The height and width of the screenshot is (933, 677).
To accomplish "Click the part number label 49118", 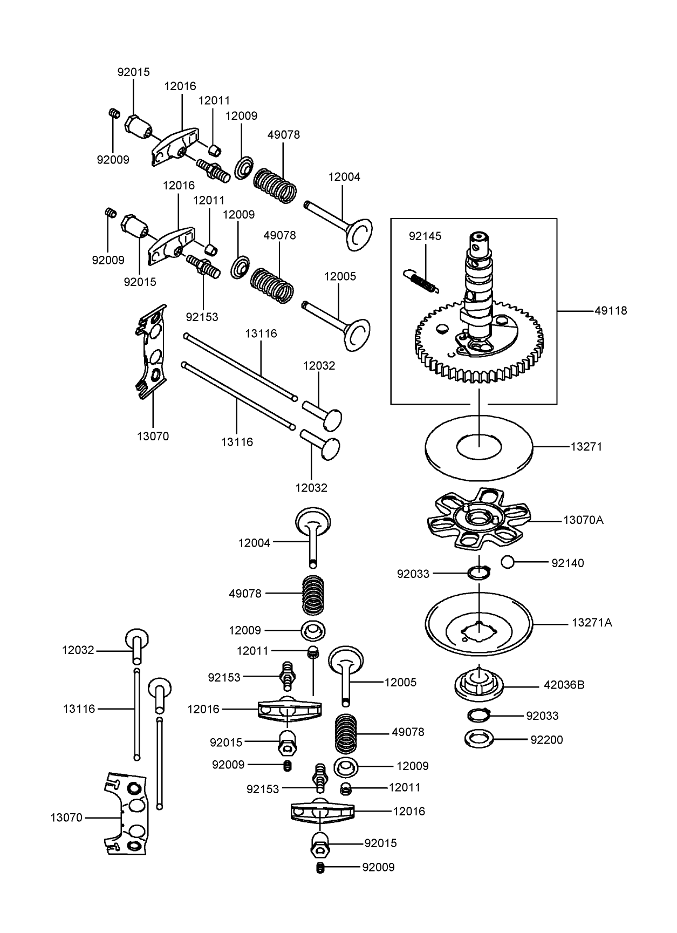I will pyautogui.click(x=611, y=311).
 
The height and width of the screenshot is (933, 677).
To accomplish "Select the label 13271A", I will pyautogui.click(x=592, y=623).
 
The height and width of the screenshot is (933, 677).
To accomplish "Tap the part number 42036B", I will pyautogui.click(x=564, y=685).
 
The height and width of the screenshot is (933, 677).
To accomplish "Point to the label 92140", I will pyautogui.click(x=567, y=563).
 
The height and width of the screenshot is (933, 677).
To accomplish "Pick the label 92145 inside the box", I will pyautogui.click(x=425, y=236).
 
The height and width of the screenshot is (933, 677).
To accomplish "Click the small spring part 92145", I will pyautogui.click(x=422, y=281).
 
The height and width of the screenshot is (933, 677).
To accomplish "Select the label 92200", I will pyautogui.click(x=546, y=740).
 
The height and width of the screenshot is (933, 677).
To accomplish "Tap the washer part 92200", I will pyautogui.click(x=479, y=738).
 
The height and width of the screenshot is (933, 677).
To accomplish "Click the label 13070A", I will pyautogui.click(x=583, y=520).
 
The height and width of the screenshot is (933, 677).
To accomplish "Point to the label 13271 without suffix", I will pyautogui.click(x=586, y=447).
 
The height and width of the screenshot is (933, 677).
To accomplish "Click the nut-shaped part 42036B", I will pyautogui.click(x=479, y=684).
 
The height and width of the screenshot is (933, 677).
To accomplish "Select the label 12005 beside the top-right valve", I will pyautogui.click(x=340, y=276).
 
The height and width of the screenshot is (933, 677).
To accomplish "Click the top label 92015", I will pyautogui.click(x=133, y=72).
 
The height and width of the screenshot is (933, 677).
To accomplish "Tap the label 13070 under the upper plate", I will pyautogui.click(x=153, y=437).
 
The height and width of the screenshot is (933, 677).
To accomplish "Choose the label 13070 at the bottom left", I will pyautogui.click(x=66, y=818).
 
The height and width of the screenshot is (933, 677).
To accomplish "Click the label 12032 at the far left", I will pyautogui.click(x=78, y=651).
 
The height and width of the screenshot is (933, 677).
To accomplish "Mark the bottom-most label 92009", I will pyautogui.click(x=378, y=868).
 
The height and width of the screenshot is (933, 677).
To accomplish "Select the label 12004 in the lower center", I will pyautogui.click(x=254, y=543).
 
